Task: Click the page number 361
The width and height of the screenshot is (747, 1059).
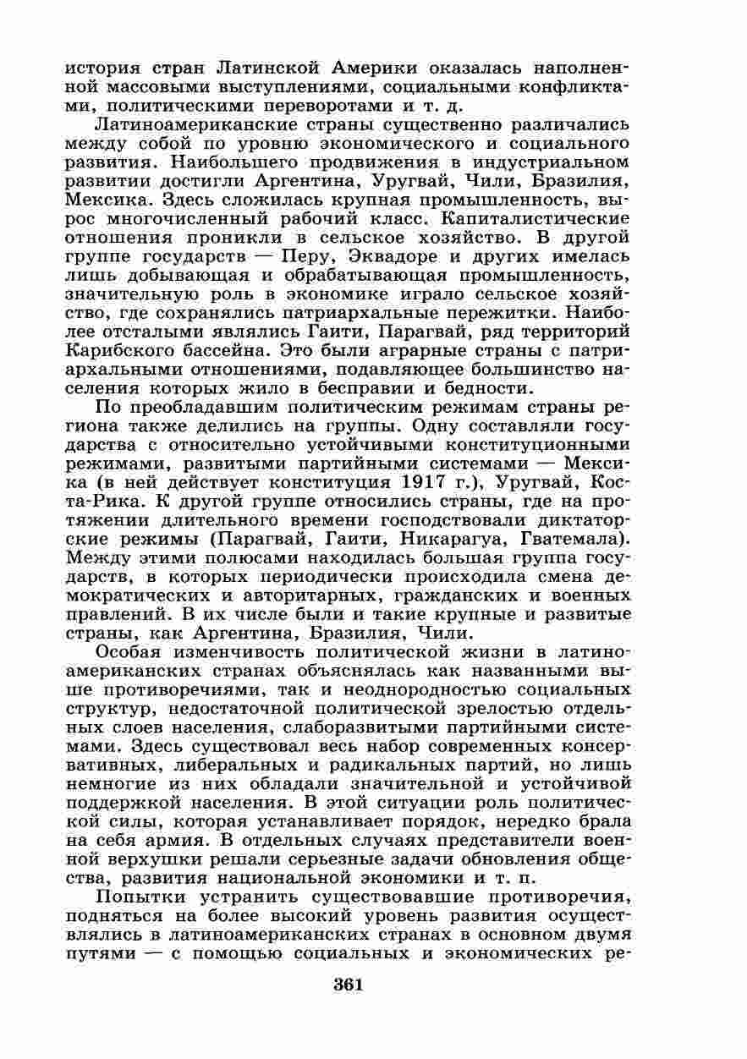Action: click(x=349, y=985)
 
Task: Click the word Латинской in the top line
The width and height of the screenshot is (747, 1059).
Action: click(x=269, y=68)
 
